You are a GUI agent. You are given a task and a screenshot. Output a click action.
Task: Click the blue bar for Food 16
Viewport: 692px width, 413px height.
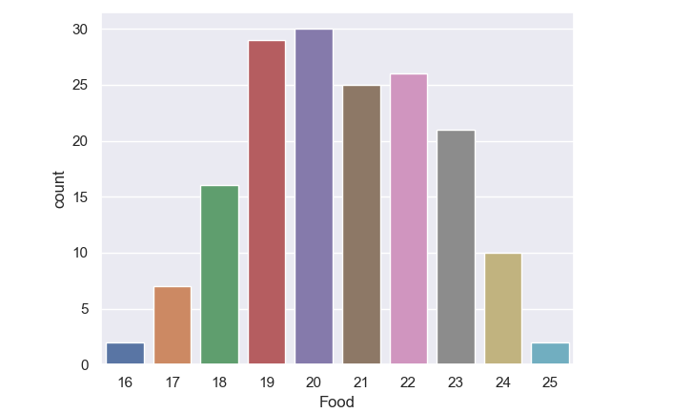click(x=125, y=354)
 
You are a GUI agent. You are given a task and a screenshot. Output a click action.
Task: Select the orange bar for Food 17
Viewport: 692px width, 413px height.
click(x=172, y=326)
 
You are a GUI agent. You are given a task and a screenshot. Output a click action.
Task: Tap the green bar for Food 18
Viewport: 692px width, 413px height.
click(x=219, y=276)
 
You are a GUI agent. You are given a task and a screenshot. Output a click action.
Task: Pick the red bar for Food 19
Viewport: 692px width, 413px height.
click(x=266, y=203)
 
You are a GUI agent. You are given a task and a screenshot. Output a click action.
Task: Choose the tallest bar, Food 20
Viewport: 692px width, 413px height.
click(x=314, y=197)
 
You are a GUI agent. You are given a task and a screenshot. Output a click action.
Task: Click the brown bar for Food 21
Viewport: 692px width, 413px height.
click(x=360, y=225)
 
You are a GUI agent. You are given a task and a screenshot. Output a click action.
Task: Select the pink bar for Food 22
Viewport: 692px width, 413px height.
click(x=408, y=219)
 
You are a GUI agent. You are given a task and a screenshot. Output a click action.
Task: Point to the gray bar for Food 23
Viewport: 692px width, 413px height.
click(x=455, y=248)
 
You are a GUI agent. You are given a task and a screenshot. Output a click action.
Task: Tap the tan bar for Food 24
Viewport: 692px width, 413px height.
click(x=502, y=309)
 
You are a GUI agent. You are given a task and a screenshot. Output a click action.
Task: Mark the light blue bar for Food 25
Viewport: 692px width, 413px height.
click(x=549, y=354)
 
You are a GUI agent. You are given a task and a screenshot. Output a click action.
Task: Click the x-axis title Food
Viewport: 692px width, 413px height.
click(x=336, y=403)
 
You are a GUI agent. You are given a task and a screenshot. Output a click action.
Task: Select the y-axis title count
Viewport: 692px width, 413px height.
click(x=60, y=190)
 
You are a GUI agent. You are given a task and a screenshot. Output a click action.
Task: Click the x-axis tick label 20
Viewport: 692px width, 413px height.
click(x=314, y=382)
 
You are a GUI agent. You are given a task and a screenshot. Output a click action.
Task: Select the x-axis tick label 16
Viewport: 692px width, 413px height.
click(x=125, y=382)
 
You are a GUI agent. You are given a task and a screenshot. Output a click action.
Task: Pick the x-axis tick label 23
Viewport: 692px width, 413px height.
click(x=455, y=382)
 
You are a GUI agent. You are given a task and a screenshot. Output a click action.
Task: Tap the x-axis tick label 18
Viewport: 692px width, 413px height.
click(x=219, y=382)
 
